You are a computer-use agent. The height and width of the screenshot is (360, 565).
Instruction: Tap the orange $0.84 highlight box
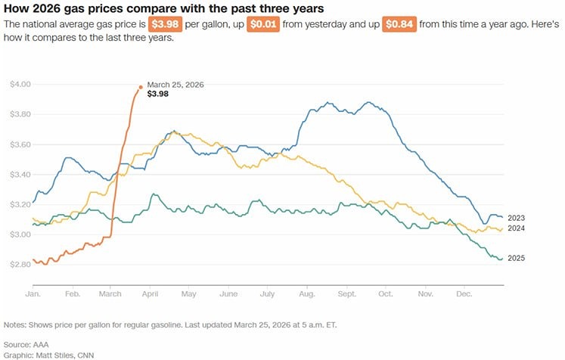coord(401,25)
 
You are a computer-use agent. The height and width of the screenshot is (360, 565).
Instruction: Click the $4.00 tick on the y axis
coord(20,84)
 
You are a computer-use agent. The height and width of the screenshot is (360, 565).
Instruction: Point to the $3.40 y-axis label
coord(20,175)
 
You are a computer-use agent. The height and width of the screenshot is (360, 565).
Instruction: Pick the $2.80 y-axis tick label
coord(20,265)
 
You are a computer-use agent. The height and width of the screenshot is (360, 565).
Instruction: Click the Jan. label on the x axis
coord(33,293)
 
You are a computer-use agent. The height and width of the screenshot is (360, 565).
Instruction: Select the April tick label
coord(150,293)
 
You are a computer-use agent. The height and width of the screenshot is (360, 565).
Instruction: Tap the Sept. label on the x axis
coord(347,293)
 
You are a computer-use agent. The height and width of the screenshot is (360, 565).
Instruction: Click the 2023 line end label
coord(517,218)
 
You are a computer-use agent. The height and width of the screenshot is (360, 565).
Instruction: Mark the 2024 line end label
coord(517,228)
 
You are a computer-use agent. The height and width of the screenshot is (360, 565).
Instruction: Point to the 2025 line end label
coord(517,259)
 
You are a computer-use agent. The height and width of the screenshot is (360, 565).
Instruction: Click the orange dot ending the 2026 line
coord(141,87)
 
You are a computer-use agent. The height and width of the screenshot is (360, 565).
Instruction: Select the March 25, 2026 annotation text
coord(175,85)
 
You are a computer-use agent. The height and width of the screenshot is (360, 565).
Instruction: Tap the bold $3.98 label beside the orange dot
coord(158,95)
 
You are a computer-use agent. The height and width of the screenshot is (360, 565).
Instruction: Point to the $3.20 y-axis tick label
coord(20,205)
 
